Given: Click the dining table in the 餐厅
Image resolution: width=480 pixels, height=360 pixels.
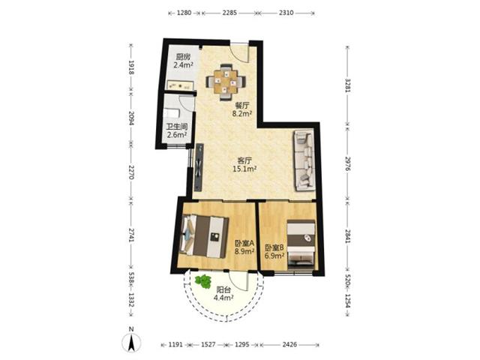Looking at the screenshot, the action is coord(226,82).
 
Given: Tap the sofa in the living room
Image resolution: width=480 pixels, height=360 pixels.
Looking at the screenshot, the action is coord(304,160).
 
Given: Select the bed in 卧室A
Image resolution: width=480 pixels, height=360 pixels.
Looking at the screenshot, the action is coord(204,236).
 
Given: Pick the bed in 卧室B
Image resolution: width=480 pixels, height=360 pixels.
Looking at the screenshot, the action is coord(301,245).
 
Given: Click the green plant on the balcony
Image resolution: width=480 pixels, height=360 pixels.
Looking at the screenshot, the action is coord(203,281).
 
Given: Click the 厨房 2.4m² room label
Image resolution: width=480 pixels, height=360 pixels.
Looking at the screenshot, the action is coord(183,61).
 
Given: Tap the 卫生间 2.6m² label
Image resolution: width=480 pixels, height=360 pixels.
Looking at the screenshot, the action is coord(177,130).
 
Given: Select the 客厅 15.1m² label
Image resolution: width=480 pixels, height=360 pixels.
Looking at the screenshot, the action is coord(244,164).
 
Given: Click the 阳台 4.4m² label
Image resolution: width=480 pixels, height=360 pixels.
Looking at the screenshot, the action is coord(223,293).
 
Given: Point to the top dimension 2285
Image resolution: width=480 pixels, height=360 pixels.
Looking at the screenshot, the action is coord(229,13).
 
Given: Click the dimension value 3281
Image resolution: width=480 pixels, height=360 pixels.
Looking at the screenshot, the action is coord(347,85).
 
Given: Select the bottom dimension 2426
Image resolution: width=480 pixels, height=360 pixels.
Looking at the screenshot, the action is coord(289,344).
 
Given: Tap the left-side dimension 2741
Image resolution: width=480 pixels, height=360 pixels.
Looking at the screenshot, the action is coord(131,235).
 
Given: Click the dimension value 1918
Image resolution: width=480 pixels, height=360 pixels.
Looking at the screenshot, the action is coord(131,67).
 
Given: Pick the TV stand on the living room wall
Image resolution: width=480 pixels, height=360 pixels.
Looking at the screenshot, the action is coord(199,167).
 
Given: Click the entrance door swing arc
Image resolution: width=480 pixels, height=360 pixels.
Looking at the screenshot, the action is coord(240,55).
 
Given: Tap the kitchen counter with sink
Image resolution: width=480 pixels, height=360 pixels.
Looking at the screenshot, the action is coord(180,85).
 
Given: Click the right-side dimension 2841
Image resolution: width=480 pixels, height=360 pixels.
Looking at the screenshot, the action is coord(347,236).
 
